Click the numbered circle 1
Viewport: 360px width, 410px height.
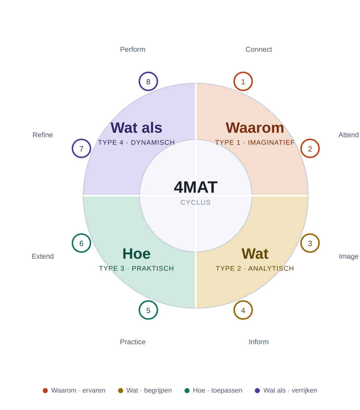(243, 82)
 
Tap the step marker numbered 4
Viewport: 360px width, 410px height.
(243, 310)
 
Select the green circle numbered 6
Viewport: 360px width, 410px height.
(81, 243)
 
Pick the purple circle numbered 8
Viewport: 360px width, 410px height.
(148, 82)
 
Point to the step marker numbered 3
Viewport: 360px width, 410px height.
(310, 243)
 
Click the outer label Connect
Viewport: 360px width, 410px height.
(259, 49)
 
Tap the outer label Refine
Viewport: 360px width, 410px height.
(42, 135)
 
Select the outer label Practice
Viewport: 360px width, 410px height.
(133, 342)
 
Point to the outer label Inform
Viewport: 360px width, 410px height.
(259, 342)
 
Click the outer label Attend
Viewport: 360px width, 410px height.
(348, 135)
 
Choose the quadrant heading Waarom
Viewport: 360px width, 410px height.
(255, 128)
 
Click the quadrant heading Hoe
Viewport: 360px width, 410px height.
(137, 254)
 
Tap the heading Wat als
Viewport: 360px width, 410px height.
(136, 128)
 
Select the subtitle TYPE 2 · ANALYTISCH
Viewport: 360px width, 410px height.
(255, 269)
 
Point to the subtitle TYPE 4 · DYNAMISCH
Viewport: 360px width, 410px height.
(136, 143)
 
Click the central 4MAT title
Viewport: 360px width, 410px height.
(195, 187)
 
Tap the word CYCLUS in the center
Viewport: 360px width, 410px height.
(195, 203)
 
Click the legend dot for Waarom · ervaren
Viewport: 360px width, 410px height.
(45, 390)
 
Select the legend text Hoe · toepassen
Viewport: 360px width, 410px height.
(217, 390)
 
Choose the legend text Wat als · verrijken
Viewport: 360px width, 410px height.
(290, 390)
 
